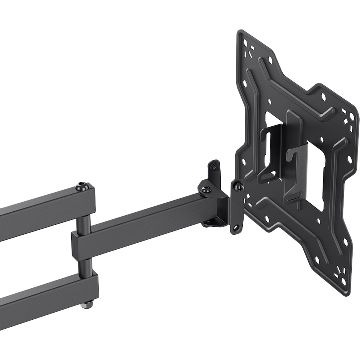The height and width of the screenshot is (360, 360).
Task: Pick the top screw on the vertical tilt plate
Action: pyautogui.click(x=238, y=186)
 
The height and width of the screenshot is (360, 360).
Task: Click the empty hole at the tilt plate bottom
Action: pyautogui.click(x=237, y=228)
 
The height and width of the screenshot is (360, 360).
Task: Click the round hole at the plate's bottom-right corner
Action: pyautogui.click(x=343, y=281)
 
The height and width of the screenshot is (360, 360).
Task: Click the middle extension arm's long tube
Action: pyautogui.click(x=151, y=223)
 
